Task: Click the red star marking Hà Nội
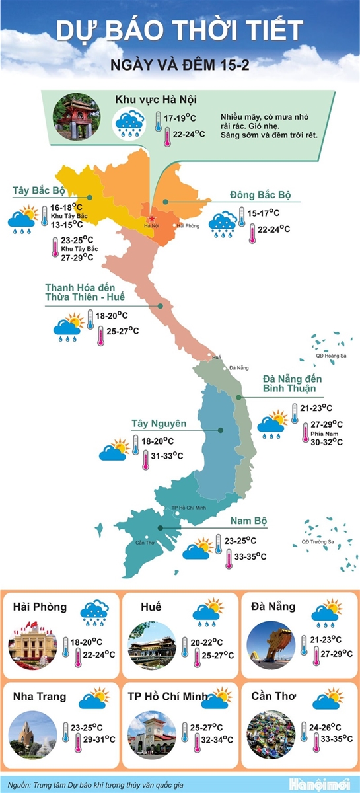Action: coord(151,219)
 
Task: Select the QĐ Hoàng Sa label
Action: coord(331,356)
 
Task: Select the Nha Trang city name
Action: coord(39,696)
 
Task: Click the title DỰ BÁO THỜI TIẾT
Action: coord(180,31)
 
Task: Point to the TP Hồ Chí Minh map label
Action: coord(190,508)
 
